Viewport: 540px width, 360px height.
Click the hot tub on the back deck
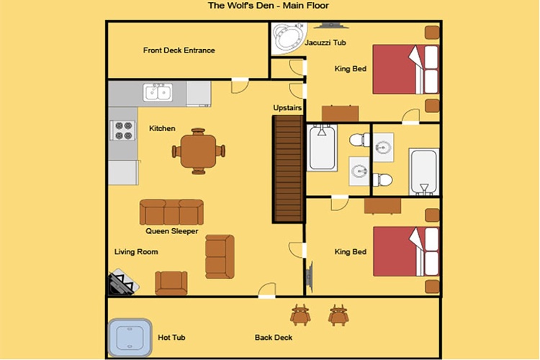coord(130,338)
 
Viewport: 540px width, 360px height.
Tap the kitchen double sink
coord(158,92)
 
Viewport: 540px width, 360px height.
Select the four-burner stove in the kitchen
coord(122,130)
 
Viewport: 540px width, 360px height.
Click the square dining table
coord(199,151)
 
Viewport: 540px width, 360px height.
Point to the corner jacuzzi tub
coord(289,38)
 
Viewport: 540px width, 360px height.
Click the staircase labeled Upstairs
coord(288,168)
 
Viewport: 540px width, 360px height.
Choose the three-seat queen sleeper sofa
coord(171,212)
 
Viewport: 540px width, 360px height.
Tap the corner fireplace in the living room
coord(122,283)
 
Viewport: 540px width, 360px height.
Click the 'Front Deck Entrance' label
coord(179,50)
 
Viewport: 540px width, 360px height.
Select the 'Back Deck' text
coord(274,338)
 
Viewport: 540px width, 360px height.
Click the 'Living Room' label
coord(136,252)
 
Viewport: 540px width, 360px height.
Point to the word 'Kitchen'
coord(162,128)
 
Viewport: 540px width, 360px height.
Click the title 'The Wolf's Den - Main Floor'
coord(269,6)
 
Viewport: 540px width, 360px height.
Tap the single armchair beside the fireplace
coord(171,283)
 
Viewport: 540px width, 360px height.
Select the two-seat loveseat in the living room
coord(220,256)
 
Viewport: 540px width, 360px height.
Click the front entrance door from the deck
coord(240,86)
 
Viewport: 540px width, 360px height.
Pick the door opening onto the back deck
coord(267,290)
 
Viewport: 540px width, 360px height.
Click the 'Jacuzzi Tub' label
coord(325,42)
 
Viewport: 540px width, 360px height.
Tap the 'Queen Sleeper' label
coord(172,231)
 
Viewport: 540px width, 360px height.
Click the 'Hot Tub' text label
coord(171,338)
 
